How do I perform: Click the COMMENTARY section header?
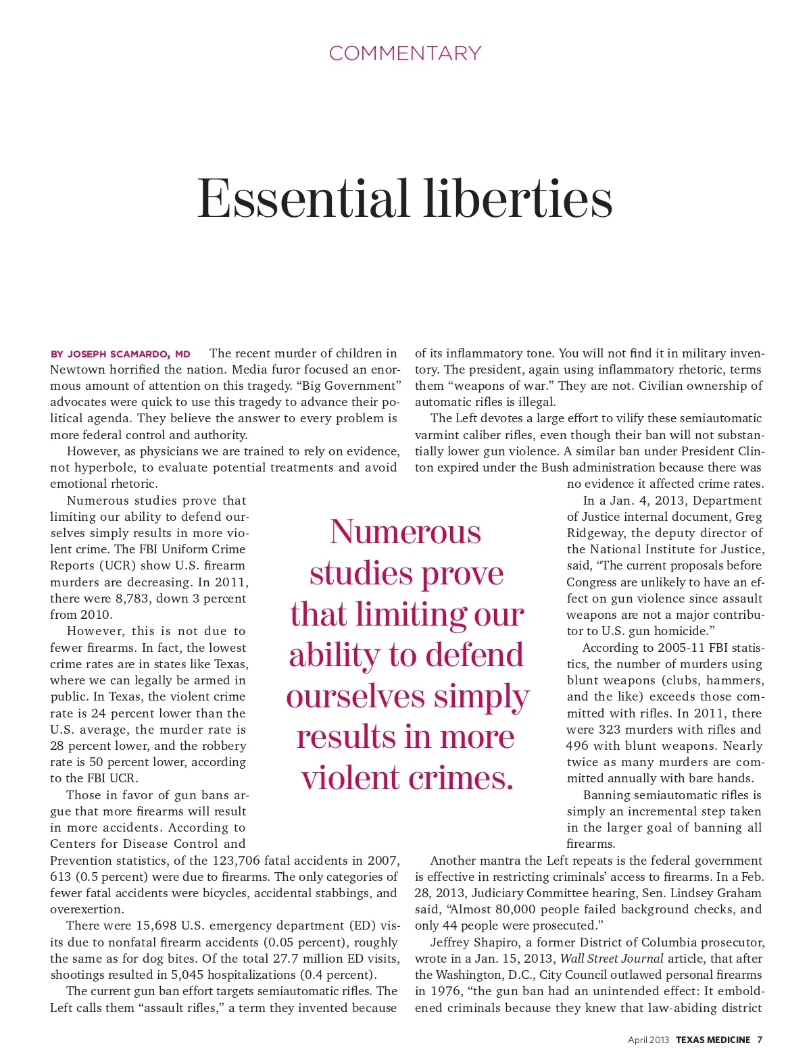(x=405, y=53)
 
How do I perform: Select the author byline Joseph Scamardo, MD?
(x=121, y=354)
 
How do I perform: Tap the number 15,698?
(x=155, y=926)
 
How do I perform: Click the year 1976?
(x=445, y=991)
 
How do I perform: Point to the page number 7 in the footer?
(x=760, y=1040)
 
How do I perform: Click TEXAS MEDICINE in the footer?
(x=713, y=1040)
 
